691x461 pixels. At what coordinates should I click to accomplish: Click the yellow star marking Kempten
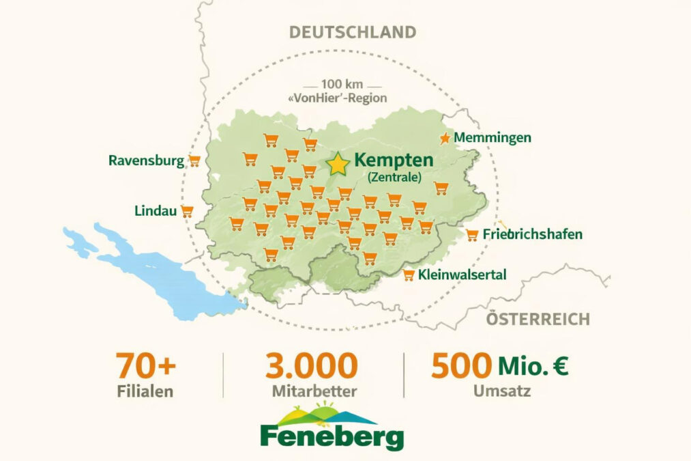coord(338,164)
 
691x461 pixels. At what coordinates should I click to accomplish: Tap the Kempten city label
coord(394,160)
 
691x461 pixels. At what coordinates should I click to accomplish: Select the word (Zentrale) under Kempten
coord(394,177)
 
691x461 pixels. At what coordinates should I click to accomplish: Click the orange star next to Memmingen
coord(445,138)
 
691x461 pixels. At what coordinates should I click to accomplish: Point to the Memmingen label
coord(492,138)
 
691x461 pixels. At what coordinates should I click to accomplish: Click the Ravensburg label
coord(146,160)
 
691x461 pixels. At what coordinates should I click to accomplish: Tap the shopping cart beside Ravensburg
coord(194,161)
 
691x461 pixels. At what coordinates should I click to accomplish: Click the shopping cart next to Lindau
coord(186,211)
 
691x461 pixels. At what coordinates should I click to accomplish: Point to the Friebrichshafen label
coord(532,234)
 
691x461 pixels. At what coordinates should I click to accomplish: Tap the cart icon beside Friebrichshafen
coord(472,235)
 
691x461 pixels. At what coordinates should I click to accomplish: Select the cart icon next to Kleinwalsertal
coord(409,275)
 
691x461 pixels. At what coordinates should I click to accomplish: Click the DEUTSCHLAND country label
coord(352,32)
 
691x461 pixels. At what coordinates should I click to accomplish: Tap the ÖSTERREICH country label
coord(538,319)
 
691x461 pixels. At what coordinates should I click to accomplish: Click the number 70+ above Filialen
coord(145,366)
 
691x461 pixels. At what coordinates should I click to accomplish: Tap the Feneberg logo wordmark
coord(332,436)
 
